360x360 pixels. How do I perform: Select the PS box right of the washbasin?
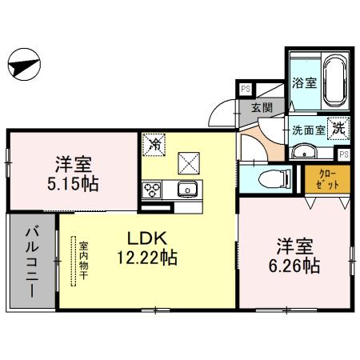tap(344, 153)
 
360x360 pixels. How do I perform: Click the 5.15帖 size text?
tap(74, 184)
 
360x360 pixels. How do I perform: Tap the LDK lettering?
tap(143, 238)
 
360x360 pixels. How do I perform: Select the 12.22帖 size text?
tap(147, 258)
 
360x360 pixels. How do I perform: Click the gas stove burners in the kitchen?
tap(152, 190)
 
